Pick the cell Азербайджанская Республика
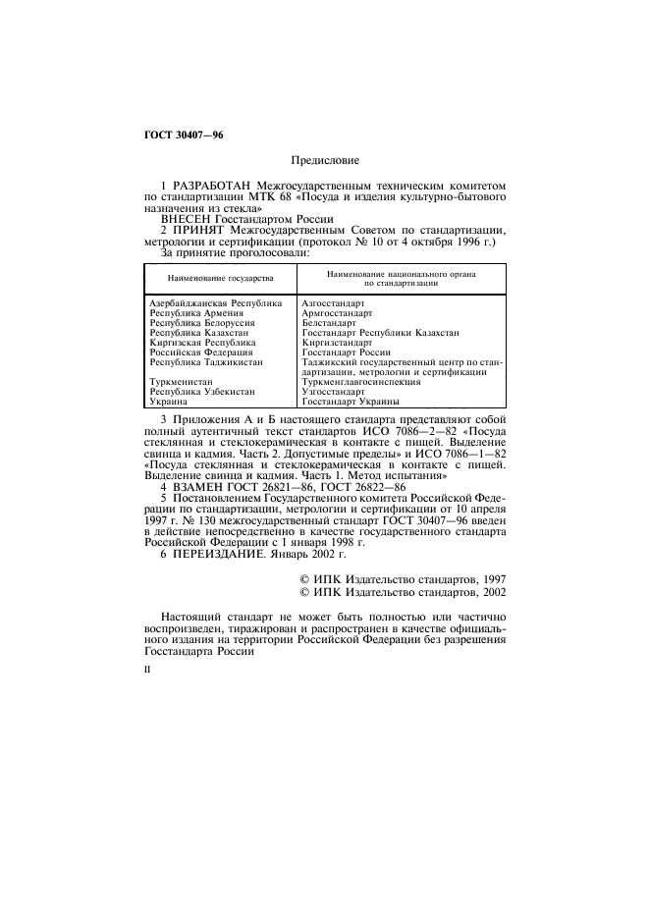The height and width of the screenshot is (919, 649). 215,304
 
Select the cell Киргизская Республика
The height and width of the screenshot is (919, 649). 201,342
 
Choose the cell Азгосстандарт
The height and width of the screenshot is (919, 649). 333,304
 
